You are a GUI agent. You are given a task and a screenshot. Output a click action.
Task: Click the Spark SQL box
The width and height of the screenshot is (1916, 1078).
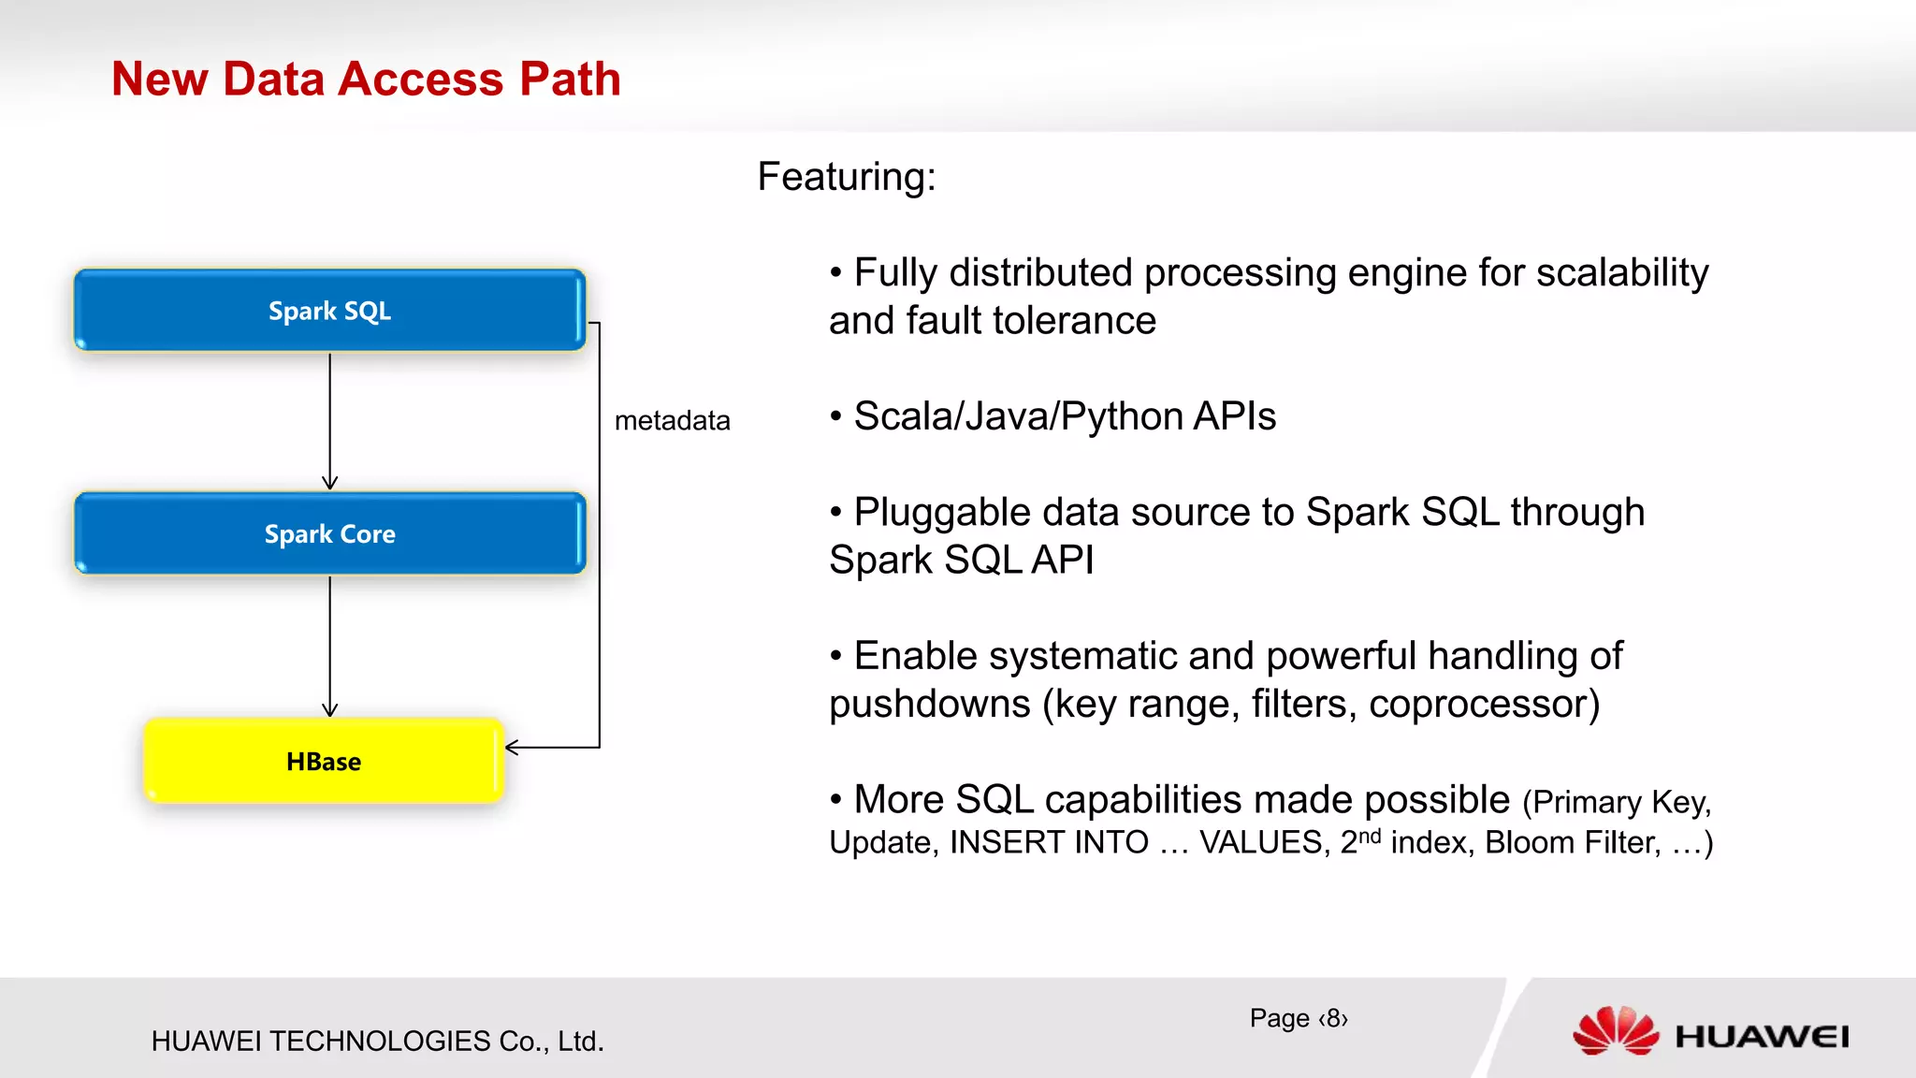pos(329,311)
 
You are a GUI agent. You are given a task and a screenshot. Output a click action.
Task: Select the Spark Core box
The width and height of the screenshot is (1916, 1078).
pos(329,533)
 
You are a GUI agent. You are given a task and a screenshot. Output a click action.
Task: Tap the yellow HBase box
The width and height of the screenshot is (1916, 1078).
pos(324,761)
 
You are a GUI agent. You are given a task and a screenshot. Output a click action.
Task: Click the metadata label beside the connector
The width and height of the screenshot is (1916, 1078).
pos(672,421)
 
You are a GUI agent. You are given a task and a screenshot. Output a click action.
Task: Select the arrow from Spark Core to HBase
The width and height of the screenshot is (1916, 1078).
pos(329,646)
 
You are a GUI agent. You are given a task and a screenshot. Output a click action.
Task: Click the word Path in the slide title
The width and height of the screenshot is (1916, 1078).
pos(570,79)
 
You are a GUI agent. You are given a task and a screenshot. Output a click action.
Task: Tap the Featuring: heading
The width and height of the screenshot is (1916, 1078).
pos(846,177)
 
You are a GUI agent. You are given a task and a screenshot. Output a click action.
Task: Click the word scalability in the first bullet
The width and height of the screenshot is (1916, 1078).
pos(1621,273)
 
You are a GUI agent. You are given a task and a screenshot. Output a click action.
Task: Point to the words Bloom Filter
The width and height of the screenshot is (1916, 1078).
pos(1573,842)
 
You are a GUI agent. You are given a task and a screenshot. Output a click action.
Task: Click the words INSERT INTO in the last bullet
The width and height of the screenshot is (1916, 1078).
pos(1049,842)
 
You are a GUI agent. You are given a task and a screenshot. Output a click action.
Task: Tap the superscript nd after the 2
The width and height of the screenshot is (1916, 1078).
pos(1370,836)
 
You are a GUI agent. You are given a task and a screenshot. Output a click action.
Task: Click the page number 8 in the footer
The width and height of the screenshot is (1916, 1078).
pos(1333,1018)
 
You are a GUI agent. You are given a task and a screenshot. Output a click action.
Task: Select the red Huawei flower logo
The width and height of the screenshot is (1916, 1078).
pos(1615,1031)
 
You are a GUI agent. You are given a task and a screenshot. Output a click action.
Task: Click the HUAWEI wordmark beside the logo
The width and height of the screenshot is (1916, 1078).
pos(1761,1037)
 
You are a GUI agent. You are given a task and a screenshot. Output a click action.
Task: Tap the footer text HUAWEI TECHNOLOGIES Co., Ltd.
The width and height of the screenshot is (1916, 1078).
pos(377,1041)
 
